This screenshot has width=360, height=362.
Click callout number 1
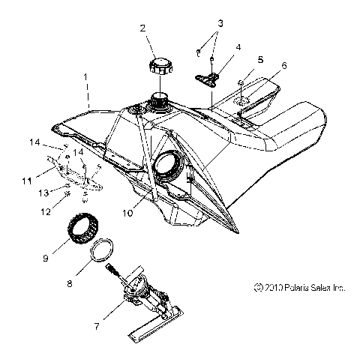(x=86, y=77)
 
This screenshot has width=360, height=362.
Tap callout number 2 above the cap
(x=141, y=29)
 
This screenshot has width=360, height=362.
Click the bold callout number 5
(x=261, y=58)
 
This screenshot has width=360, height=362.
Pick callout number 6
(x=285, y=65)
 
